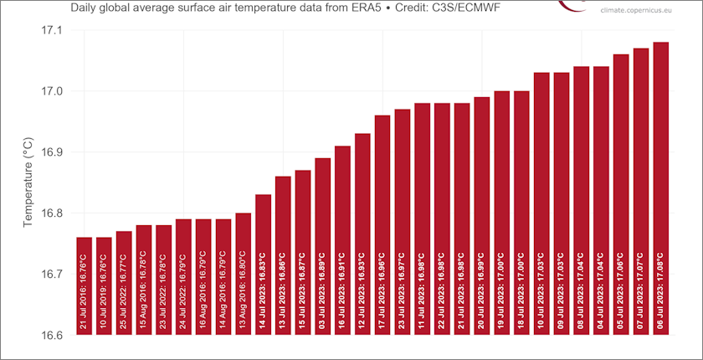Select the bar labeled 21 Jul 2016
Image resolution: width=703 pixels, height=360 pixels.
tap(84, 285)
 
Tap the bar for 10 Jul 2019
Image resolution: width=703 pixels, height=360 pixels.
tap(104, 285)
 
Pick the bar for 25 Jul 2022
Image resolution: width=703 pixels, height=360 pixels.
tap(124, 283)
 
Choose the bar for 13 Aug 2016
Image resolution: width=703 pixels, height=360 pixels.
tap(243, 274)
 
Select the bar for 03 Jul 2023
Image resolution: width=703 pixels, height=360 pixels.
tap(322, 246)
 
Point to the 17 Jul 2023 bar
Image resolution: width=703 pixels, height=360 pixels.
tap(382, 225)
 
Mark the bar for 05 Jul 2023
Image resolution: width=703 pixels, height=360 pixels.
tap(621, 194)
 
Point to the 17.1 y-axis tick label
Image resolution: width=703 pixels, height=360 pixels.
tap(52, 30)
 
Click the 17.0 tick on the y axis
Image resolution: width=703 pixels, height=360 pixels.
tap(52, 91)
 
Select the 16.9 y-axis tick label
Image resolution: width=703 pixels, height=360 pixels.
tap(52, 152)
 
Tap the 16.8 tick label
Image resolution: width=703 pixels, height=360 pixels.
tap(52, 213)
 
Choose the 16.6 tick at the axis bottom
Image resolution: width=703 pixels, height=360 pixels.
tap(52, 335)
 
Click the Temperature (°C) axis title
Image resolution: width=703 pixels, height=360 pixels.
tap(28, 183)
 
